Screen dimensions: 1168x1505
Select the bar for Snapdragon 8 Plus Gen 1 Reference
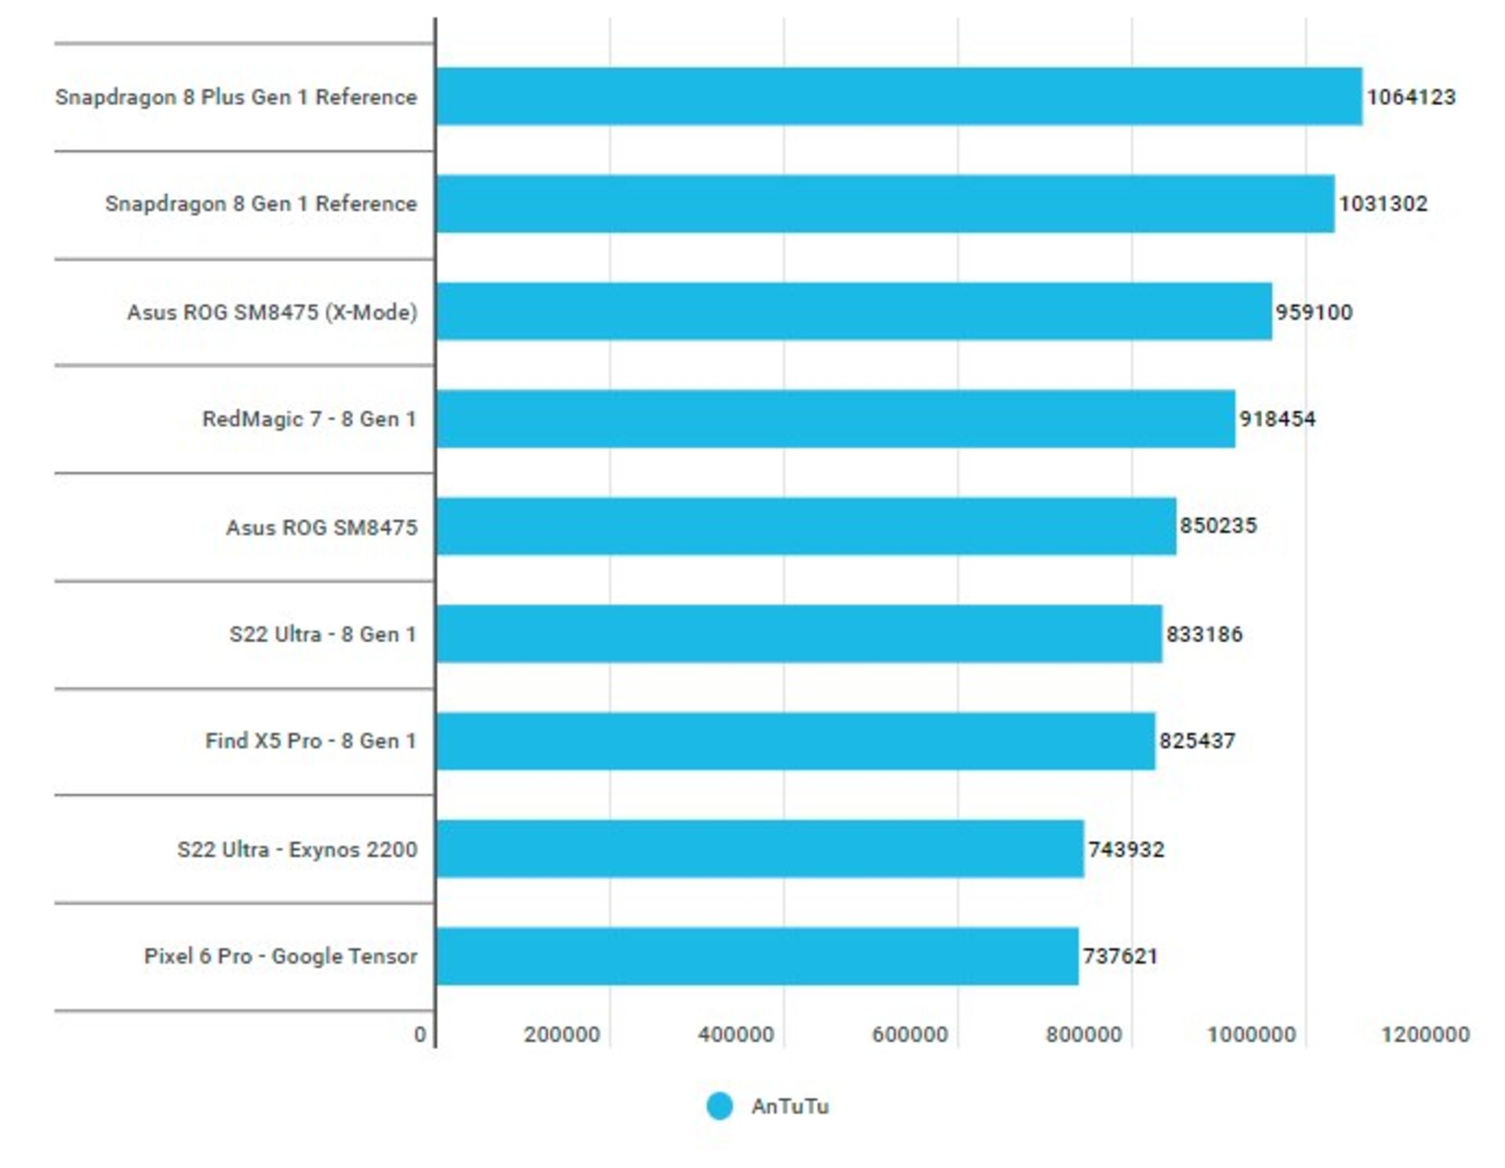pos(899,96)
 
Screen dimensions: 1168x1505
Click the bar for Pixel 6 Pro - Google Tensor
pos(757,956)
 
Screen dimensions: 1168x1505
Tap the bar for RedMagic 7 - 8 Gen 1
pos(836,419)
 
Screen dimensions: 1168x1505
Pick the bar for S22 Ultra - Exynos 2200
pos(760,849)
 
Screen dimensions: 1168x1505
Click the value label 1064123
pos(1411,97)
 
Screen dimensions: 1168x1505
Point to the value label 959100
pos(1314,312)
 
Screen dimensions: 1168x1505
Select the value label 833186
pos(1204,633)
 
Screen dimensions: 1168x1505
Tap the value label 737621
pos(1120,956)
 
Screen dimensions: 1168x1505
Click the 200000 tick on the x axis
pos(562,1035)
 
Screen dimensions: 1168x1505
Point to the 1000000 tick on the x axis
pos(1251,1035)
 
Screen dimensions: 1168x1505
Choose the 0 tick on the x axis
pos(420,1035)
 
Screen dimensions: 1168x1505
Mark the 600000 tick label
pos(910,1035)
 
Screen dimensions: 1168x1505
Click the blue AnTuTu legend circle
pos(720,1106)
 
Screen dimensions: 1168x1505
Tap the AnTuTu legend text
pos(790,1106)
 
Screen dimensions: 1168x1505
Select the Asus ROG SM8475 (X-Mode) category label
pos(272,312)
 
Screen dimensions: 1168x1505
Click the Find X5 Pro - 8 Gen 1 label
pos(310,741)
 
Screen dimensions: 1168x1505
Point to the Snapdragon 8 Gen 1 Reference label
pos(261,204)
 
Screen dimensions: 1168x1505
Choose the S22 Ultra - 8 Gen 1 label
pos(322,633)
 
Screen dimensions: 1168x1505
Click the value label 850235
pos(1218,525)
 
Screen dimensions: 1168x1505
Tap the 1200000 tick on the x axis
pos(1425,1035)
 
